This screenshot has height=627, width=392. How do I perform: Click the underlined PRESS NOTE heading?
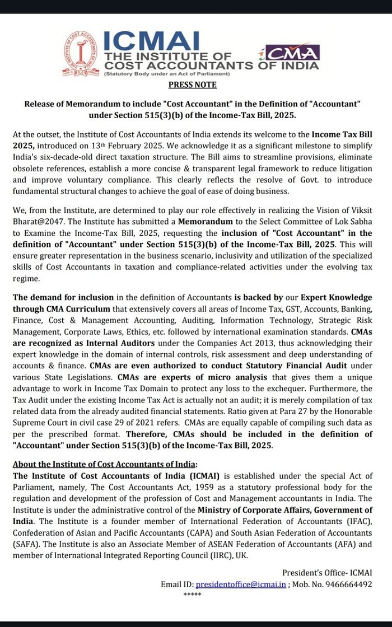(x=192, y=85)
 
